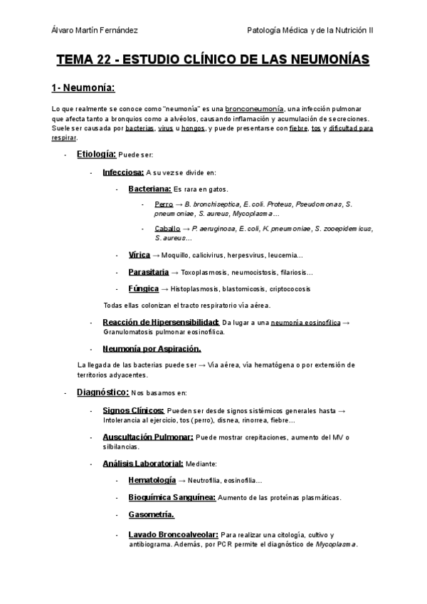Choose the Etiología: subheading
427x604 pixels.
coord(96,154)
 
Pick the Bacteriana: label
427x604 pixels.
coord(150,189)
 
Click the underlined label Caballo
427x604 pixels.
coord(167,228)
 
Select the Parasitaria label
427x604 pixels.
coord(149,272)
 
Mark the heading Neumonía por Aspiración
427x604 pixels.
coord(152,348)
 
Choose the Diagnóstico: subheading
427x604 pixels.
coord(102,392)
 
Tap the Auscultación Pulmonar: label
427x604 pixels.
coord(148,437)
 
